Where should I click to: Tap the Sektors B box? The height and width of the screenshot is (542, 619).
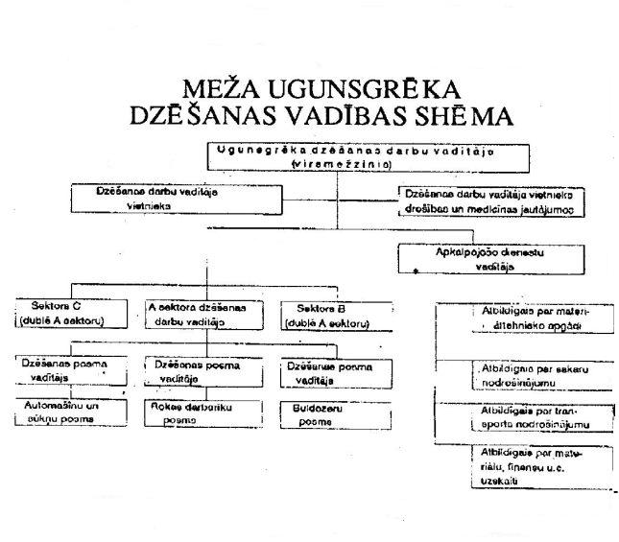point(337,314)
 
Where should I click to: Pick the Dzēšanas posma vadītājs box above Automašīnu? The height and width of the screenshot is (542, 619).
point(64,371)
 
